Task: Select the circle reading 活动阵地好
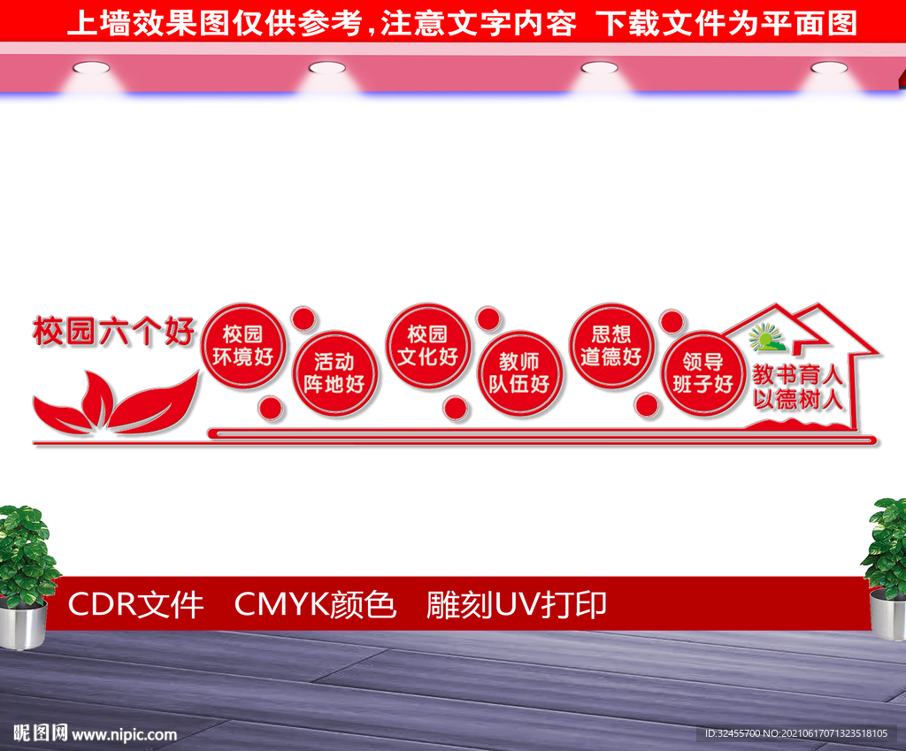pyautogui.click(x=334, y=372)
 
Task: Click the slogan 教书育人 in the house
pyautogui.click(x=799, y=374)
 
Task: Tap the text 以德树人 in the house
pyautogui.click(x=799, y=399)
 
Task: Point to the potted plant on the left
pyautogui.click(x=26, y=575)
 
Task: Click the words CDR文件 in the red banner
pyautogui.click(x=135, y=605)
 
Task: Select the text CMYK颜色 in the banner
pyautogui.click(x=315, y=605)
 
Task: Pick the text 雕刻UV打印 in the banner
pyautogui.click(x=517, y=605)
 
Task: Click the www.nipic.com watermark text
pyautogui.click(x=124, y=734)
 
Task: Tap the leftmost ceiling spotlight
pyautogui.click(x=91, y=67)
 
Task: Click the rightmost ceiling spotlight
pyautogui.click(x=829, y=67)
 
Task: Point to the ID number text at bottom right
pyautogui.click(x=795, y=734)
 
